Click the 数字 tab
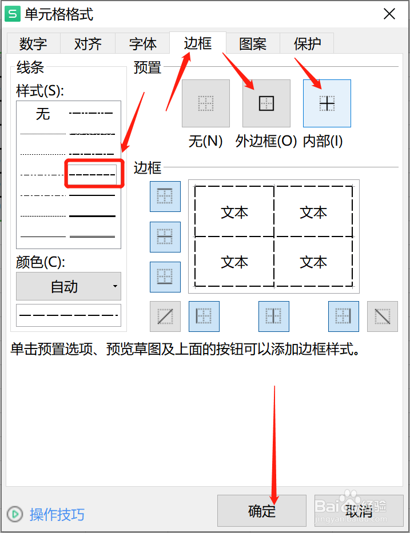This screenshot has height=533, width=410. pos(33,44)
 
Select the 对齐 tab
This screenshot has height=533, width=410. pos(87,44)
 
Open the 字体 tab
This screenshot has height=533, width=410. pos(142,44)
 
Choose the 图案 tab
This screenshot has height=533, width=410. pos(253,44)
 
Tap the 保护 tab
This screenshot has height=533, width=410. pos(307,44)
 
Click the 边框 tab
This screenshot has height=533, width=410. pos(198,43)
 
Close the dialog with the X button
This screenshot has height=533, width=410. pos(389,14)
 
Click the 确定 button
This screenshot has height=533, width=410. pos(262,511)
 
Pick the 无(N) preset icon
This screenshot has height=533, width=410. pos(205,103)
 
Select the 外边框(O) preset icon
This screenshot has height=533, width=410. pos(266,103)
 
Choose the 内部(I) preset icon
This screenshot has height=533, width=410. pos(327,103)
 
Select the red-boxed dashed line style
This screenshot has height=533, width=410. pos(92,174)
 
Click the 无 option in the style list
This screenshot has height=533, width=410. pos(43,114)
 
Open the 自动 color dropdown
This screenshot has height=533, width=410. pos(69,286)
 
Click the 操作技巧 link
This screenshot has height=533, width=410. pos(57,514)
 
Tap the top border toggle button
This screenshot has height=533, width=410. pos(165,197)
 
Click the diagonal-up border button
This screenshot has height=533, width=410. pos(165,316)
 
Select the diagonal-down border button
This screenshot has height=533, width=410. pos(382,316)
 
